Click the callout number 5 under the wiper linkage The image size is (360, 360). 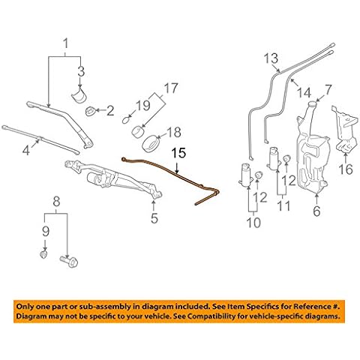click(154, 219)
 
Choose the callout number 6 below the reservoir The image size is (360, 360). click(315, 211)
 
